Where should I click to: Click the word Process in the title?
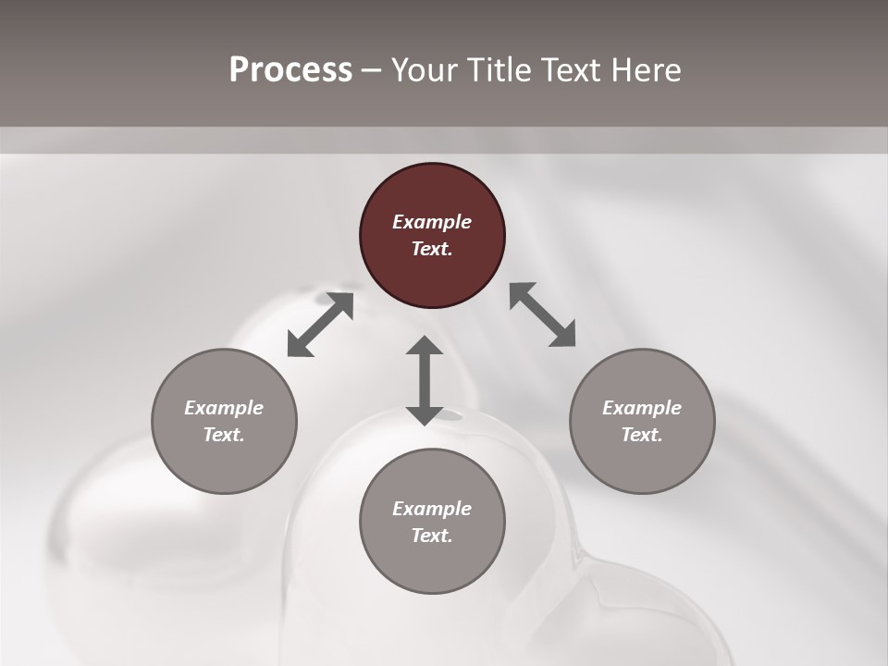tap(290, 70)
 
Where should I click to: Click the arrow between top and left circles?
tap(320, 325)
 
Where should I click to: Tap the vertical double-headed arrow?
tap(425, 380)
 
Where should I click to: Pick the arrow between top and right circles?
tap(543, 314)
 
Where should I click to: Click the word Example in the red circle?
tap(432, 222)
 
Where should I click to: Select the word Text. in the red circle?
tap(432, 249)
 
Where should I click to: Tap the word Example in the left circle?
tap(224, 408)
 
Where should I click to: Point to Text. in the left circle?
tap(224, 435)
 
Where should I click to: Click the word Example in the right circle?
tap(642, 408)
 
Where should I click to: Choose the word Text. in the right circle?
tap(642, 435)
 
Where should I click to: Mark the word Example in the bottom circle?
tap(432, 509)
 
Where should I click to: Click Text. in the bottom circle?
tap(432, 536)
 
